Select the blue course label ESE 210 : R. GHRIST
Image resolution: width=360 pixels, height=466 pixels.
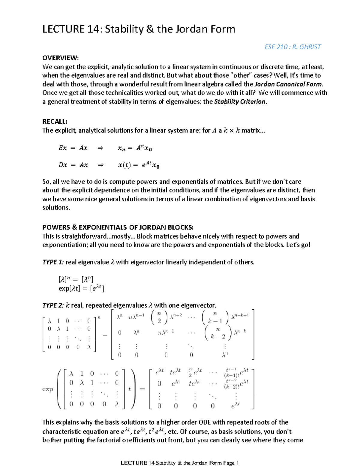[292, 47]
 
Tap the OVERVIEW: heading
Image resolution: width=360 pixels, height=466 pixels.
[60, 58]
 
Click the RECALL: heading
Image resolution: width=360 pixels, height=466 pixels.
[55, 121]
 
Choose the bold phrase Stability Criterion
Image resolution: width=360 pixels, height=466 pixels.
[240, 101]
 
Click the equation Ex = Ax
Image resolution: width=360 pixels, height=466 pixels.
[73, 148]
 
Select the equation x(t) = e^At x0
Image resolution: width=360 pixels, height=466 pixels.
[139, 165]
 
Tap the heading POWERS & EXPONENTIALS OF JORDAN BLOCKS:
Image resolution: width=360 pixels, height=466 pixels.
[118, 227]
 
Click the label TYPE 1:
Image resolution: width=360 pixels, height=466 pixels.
[53, 262]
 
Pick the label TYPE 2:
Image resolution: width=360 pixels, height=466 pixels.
[53, 305]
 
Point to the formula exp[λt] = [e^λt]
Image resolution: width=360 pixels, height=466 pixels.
[81, 289]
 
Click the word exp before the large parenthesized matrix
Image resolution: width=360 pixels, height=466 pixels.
[48, 389]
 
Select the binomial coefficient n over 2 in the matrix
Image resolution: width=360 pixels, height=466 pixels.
[159, 317]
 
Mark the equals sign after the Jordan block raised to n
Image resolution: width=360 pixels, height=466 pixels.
[105, 334]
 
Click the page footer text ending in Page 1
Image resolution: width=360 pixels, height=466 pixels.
[179, 463]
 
